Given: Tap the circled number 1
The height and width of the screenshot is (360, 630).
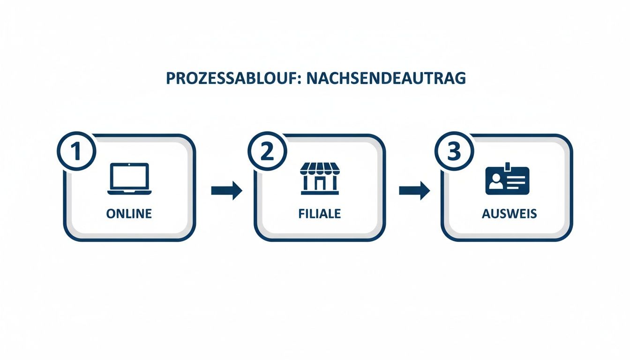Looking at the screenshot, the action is pos(76,151).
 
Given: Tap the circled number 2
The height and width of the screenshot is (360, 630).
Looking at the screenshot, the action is pos(266,151).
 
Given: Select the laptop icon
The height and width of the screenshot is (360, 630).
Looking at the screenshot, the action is pos(129,179).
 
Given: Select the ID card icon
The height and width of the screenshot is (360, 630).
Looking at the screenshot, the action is pos(507,180).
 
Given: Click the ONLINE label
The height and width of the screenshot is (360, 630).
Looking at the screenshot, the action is pos(129,214).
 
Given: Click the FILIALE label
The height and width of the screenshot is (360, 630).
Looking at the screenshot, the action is pos(319,214).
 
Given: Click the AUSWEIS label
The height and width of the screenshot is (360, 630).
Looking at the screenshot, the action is pos(509,214).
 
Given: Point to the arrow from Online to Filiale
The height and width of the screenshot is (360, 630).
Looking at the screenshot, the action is pos(226,190).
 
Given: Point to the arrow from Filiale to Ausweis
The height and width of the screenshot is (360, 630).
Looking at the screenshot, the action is pos(414,190).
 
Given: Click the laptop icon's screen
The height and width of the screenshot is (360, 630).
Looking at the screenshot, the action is pos(129,175).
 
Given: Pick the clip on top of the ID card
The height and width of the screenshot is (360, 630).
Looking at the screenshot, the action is pos(507,165).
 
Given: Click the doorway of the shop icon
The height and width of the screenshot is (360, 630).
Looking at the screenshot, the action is pos(319,185).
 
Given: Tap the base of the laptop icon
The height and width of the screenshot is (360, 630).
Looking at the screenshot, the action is pos(129,192).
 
